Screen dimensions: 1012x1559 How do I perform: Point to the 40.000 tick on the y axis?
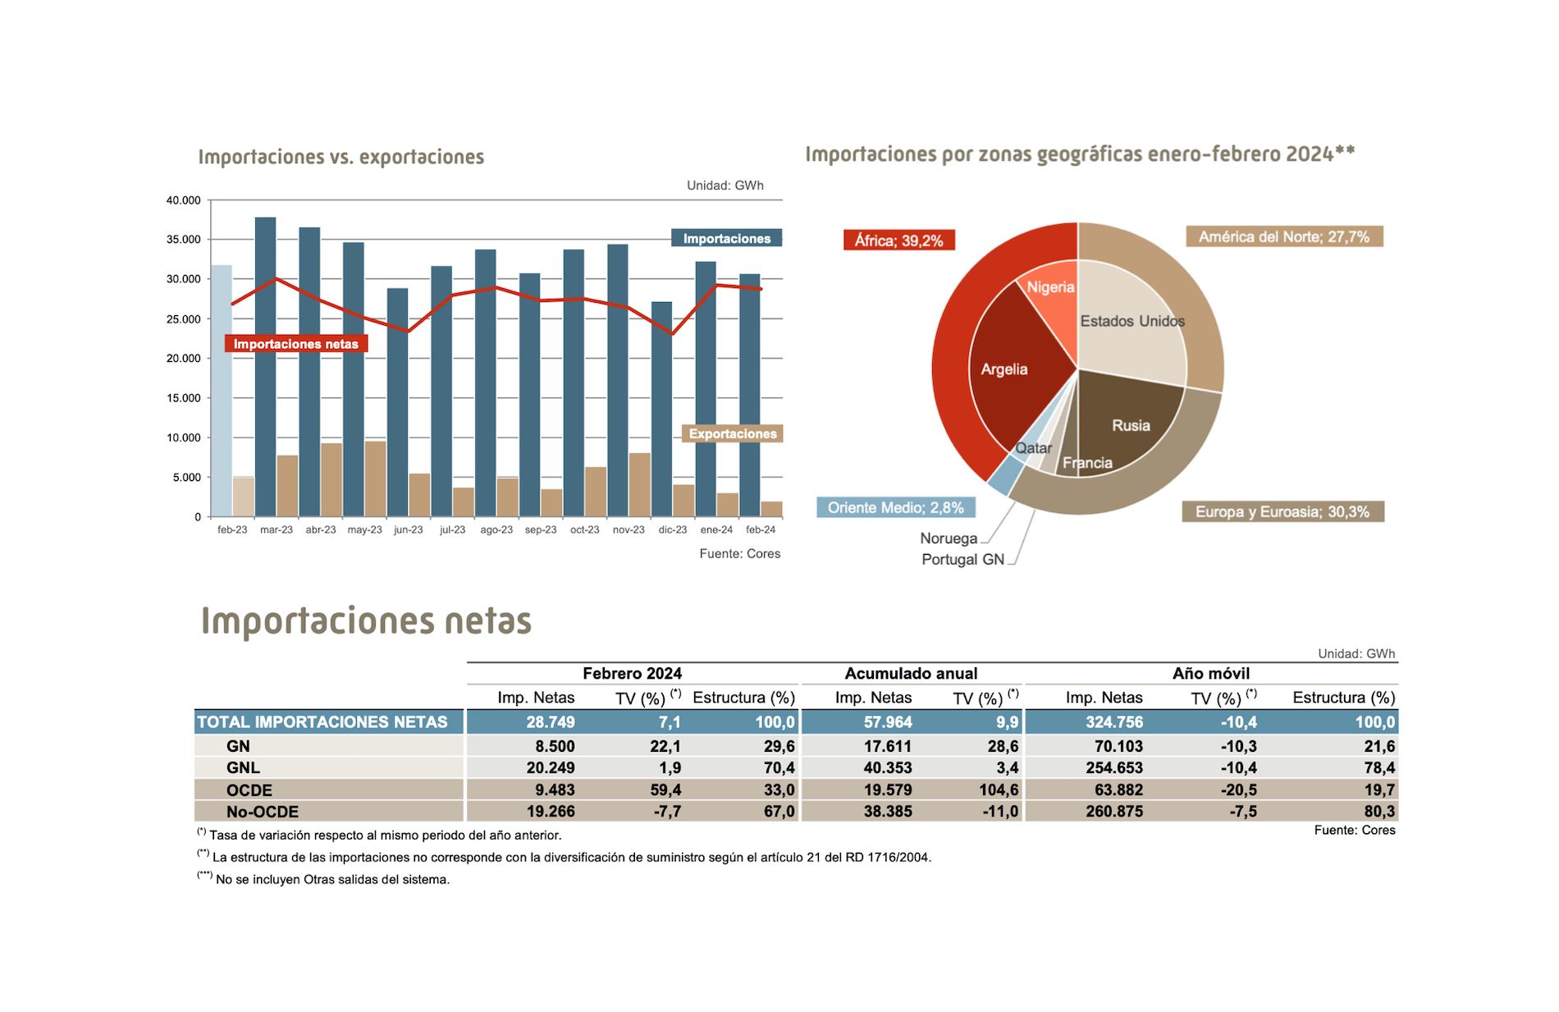point(184,200)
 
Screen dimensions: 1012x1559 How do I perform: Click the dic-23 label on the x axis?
point(673,530)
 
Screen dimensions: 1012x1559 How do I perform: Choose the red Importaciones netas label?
point(295,344)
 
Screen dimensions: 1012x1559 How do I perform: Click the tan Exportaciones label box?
point(732,433)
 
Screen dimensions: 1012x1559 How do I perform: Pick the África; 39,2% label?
point(898,240)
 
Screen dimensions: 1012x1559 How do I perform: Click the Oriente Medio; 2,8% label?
point(895,508)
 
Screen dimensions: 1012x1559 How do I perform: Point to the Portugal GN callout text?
point(962,560)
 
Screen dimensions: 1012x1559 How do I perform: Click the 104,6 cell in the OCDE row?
point(999,790)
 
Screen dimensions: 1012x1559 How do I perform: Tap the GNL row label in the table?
point(243,768)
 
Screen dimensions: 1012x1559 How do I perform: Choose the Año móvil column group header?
point(1210,674)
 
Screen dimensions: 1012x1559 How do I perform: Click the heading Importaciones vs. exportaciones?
point(341,157)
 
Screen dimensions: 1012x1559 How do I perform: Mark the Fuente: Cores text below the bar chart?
point(739,554)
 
